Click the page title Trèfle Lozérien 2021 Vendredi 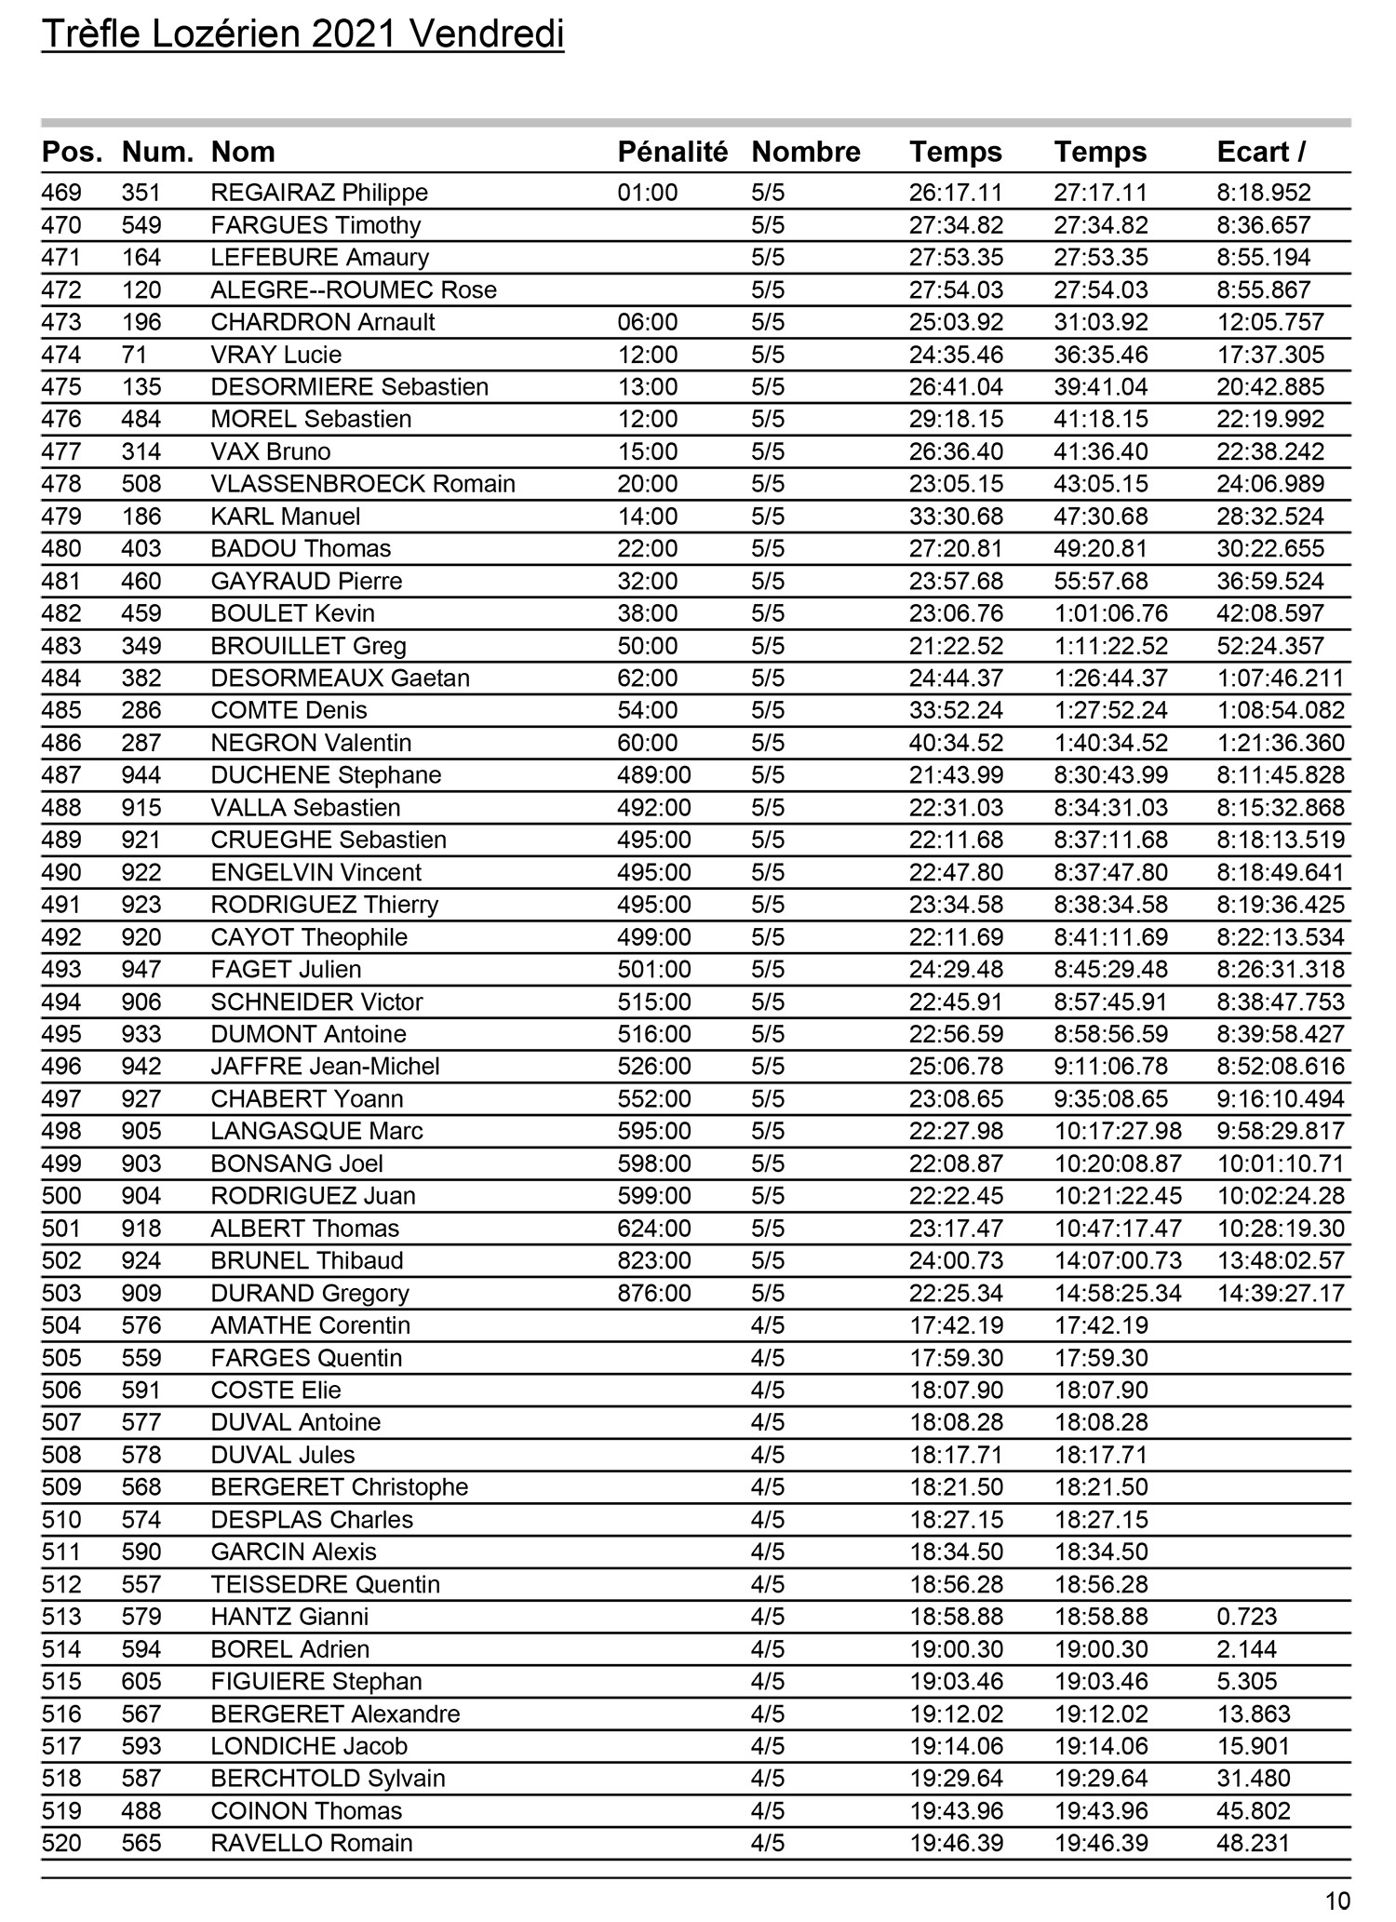(302, 35)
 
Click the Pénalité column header (672, 152)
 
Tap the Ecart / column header (1261, 152)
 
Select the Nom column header (243, 152)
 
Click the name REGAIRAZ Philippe (319, 193)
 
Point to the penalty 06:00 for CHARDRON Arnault (648, 322)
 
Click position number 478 (61, 484)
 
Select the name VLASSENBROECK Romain (363, 484)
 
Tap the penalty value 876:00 (654, 1293)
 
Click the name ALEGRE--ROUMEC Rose (354, 289)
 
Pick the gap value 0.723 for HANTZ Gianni (1247, 1617)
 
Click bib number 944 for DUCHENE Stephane (141, 775)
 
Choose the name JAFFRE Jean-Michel (325, 1067)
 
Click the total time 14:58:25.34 (1118, 1293)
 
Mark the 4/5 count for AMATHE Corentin (768, 1325)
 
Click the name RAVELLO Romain (312, 1843)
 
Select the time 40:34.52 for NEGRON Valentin (956, 743)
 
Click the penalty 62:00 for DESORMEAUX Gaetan (648, 678)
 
